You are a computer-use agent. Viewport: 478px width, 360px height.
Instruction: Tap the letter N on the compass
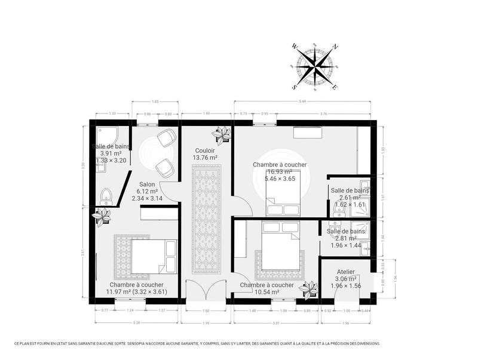tap(335, 46)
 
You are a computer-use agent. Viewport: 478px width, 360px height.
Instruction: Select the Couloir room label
tap(205, 150)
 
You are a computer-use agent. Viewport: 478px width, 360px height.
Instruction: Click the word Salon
tap(147, 184)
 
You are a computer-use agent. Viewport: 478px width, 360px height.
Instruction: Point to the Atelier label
tap(346, 272)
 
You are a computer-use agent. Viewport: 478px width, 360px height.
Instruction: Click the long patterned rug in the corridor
tap(207, 219)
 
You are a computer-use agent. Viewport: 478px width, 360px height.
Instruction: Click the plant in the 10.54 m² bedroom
tap(309, 290)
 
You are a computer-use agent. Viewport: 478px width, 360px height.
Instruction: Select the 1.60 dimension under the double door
tap(206, 310)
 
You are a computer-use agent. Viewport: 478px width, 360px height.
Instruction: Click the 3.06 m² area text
tap(346, 279)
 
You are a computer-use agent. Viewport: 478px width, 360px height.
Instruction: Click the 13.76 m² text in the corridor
tap(205, 158)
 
